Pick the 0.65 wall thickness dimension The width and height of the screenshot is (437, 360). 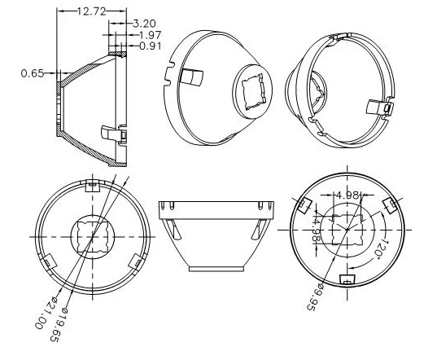[x=32, y=73]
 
